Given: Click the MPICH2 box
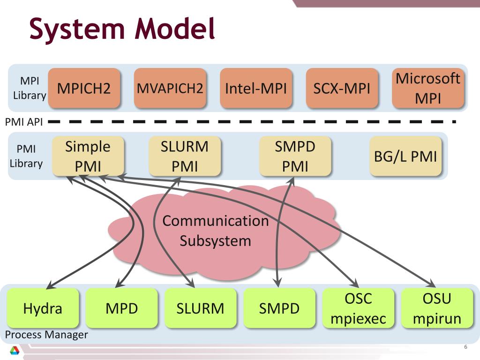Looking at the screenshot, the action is [x=84, y=88].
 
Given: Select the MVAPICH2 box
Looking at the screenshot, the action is [x=170, y=88].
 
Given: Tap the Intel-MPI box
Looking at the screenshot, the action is [x=256, y=88].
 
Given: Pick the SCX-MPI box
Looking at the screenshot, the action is [x=342, y=88].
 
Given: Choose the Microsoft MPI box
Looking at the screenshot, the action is [x=428, y=88].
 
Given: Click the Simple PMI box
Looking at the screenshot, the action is [x=88, y=156].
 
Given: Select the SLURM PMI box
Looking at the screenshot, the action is [x=185, y=156].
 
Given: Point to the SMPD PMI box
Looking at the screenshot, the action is [x=295, y=156].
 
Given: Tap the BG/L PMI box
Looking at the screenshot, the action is [x=405, y=156].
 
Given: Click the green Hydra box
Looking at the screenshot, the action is [x=43, y=308].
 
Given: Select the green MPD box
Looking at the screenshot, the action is [x=121, y=308].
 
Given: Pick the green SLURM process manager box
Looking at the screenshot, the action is [x=201, y=308].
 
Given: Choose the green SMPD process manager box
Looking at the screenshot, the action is [x=279, y=308].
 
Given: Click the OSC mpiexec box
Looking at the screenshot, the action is [x=358, y=308].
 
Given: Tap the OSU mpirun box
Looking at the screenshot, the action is [x=437, y=308].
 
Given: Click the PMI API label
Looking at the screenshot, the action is [x=24, y=122].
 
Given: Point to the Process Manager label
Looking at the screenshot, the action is [x=46, y=335].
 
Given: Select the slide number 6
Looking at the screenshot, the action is [x=465, y=347].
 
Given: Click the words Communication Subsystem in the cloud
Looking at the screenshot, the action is [x=216, y=231].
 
